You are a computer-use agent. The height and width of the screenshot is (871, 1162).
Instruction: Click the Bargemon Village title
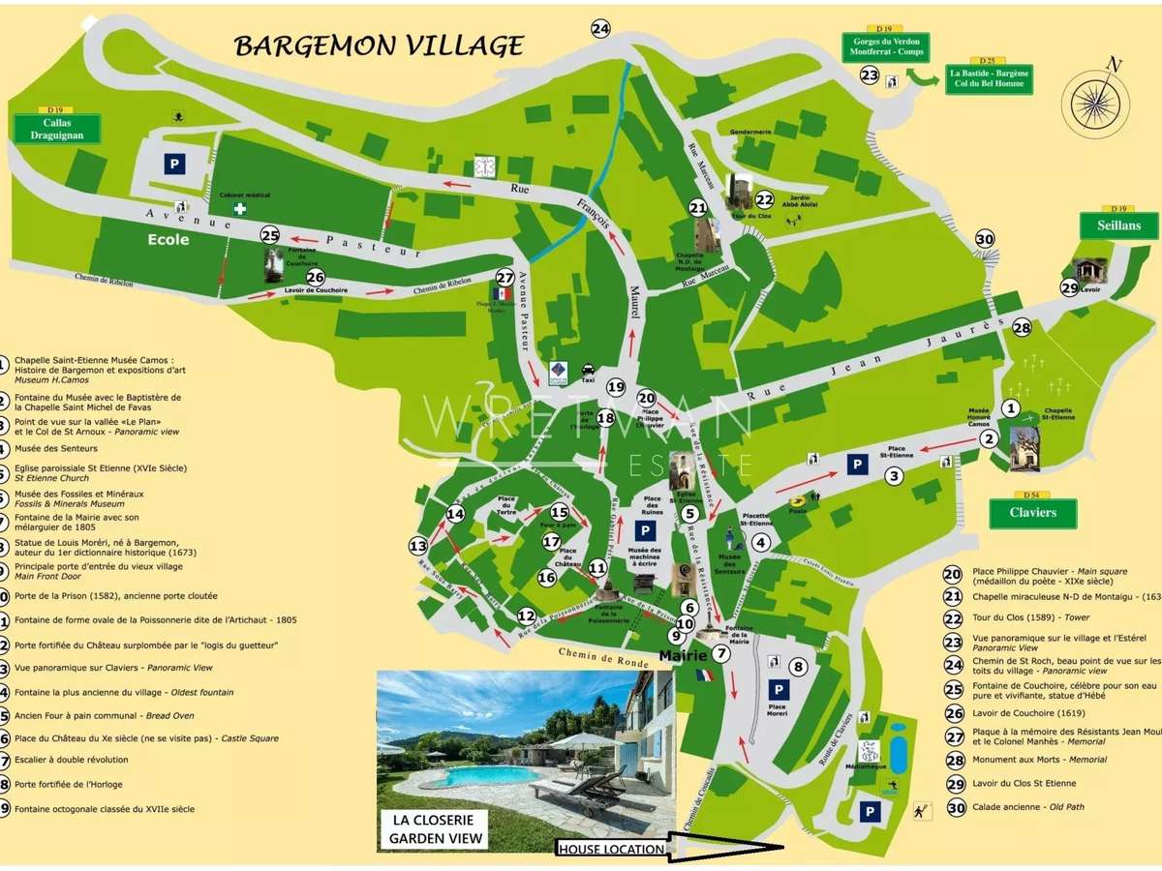[380, 45]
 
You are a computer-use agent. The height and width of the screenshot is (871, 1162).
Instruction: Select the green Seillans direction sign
[1118, 225]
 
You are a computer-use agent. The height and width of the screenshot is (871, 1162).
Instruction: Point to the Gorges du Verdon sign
[885, 47]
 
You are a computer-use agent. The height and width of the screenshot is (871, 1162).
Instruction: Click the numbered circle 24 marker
[601, 29]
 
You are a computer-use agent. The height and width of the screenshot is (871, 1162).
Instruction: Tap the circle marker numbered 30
[985, 240]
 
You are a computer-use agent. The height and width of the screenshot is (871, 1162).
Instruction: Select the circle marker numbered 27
[504, 277]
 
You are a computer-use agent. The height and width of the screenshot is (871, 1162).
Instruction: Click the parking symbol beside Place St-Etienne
[857, 466]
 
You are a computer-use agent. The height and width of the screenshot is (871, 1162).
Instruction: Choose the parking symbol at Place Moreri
[779, 689]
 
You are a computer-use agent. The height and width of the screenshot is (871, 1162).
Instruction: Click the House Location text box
[611, 849]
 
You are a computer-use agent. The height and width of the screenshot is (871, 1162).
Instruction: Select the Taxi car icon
[588, 369]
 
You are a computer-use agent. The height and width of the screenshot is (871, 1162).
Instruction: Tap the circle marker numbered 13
[418, 546]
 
